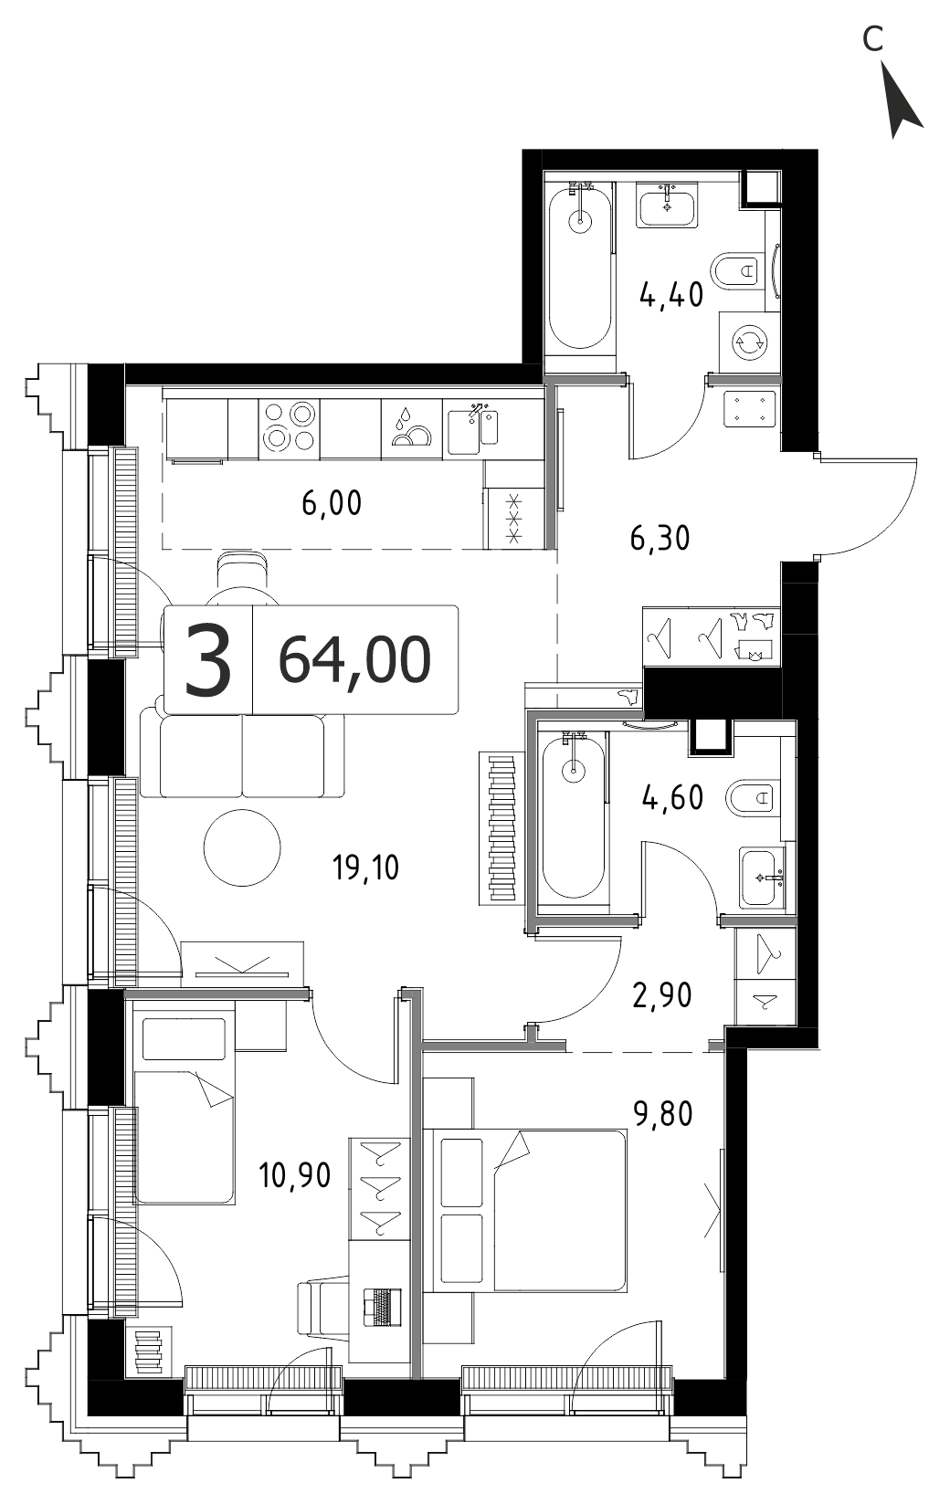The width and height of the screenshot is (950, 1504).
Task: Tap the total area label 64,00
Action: pyautogui.click(x=354, y=660)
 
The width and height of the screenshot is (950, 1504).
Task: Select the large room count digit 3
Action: pyautogui.click(x=208, y=660)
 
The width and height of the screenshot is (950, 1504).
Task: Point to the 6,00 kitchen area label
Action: pyautogui.click(x=332, y=503)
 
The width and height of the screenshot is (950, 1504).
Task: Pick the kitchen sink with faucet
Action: pyautogui.click(x=473, y=428)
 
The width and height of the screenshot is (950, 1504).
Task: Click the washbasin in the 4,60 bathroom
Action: pyautogui.click(x=763, y=878)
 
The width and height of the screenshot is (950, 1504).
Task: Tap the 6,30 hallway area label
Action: pyautogui.click(x=660, y=539)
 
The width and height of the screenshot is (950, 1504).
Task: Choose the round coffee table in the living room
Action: pyautogui.click(x=242, y=847)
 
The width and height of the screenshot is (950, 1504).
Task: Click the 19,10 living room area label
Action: pyautogui.click(x=365, y=868)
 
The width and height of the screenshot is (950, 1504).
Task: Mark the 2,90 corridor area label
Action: pyautogui.click(x=662, y=995)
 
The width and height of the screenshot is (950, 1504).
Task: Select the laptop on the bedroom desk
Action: pyautogui.click(x=383, y=1307)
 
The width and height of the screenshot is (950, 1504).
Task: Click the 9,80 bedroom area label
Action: pyautogui.click(x=663, y=1114)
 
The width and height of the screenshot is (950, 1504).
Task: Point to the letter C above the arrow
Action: pyautogui.click(x=872, y=40)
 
